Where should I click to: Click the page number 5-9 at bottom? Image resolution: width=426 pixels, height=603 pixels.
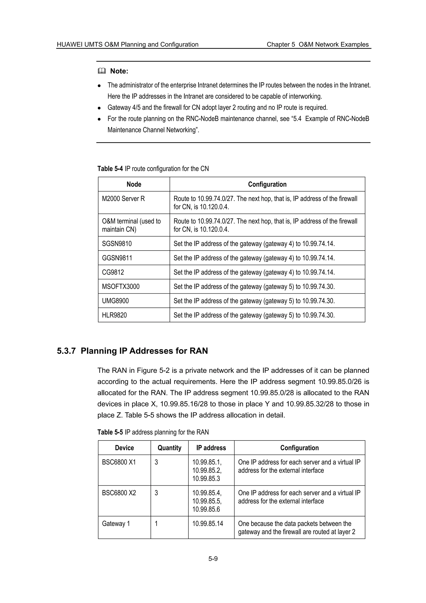pyautogui.click(x=213, y=559)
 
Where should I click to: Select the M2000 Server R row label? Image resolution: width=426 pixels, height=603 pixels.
pyautogui.click(x=123, y=199)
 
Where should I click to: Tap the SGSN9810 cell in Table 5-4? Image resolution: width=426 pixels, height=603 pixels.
pyautogui.click(x=117, y=243)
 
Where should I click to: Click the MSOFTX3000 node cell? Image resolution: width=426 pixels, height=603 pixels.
pyautogui.click(x=121, y=286)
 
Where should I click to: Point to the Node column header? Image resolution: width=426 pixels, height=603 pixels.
pyautogui.click(x=134, y=184)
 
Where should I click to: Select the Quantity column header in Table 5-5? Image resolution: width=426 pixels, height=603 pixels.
pyautogui.click(x=169, y=448)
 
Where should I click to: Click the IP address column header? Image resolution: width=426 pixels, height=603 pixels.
pyautogui.click(x=211, y=448)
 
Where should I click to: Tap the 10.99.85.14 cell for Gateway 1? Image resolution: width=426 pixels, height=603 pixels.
pyautogui.click(x=208, y=524)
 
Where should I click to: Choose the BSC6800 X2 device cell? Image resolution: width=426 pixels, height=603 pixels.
pyautogui.click(x=119, y=493)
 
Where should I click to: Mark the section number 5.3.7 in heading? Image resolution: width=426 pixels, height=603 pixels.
pyautogui.click(x=66, y=351)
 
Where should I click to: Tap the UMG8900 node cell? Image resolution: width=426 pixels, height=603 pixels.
pyautogui.click(x=115, y=301)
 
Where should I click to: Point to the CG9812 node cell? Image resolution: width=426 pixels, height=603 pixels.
pyautogui.click(x=113, y=272)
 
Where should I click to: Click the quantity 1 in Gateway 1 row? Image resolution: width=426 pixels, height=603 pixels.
pyautogui.click(x=156, y=524)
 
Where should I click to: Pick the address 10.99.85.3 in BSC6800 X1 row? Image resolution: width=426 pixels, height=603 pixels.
pyautogui.click(x=206, y=479)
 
